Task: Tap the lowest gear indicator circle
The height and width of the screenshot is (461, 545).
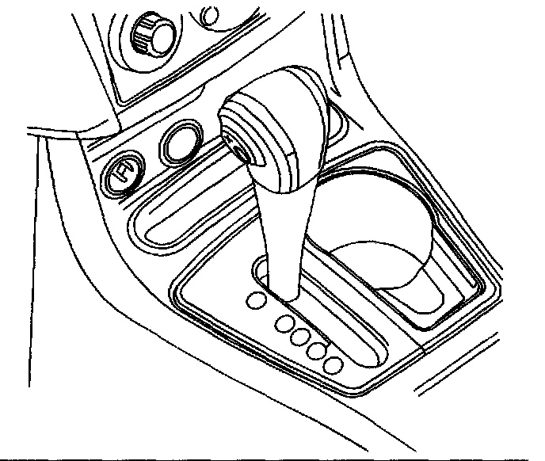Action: click(x=333, y=366)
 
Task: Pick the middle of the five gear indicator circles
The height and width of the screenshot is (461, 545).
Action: click(x=300, y=335)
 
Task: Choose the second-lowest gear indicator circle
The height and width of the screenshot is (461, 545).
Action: click(x=318, y=350)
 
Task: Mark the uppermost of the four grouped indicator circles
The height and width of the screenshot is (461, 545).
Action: click(x=284, y=322)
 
